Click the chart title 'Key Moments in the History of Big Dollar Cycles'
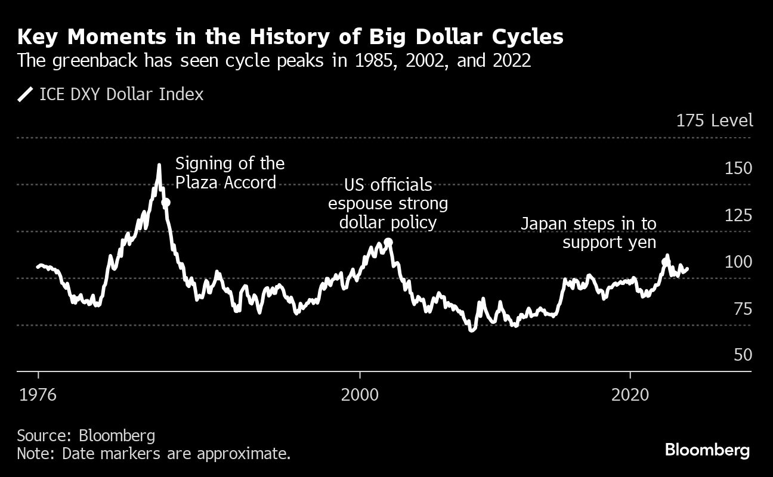[x=290, y=36]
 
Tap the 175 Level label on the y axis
[x=715, y=120]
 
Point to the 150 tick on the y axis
[x=738, y=169]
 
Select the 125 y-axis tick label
[x=738, y=215]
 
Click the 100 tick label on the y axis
[x=738, y=262]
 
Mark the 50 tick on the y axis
[x=743, y=355]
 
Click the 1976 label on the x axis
[x=39, y=394]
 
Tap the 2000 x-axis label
[x=360, y=394]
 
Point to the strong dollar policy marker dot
[x=388, y=242]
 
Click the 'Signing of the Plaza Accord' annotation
[x=230, y=172]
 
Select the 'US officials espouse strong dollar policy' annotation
[x=388, y=203]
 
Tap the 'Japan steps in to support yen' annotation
[x=588, y=233]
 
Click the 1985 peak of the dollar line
[x=159, y=165]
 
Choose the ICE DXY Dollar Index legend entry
[x=111, y=94]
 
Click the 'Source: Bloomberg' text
[x=86, y=435]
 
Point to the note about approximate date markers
[x=154, y=454]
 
